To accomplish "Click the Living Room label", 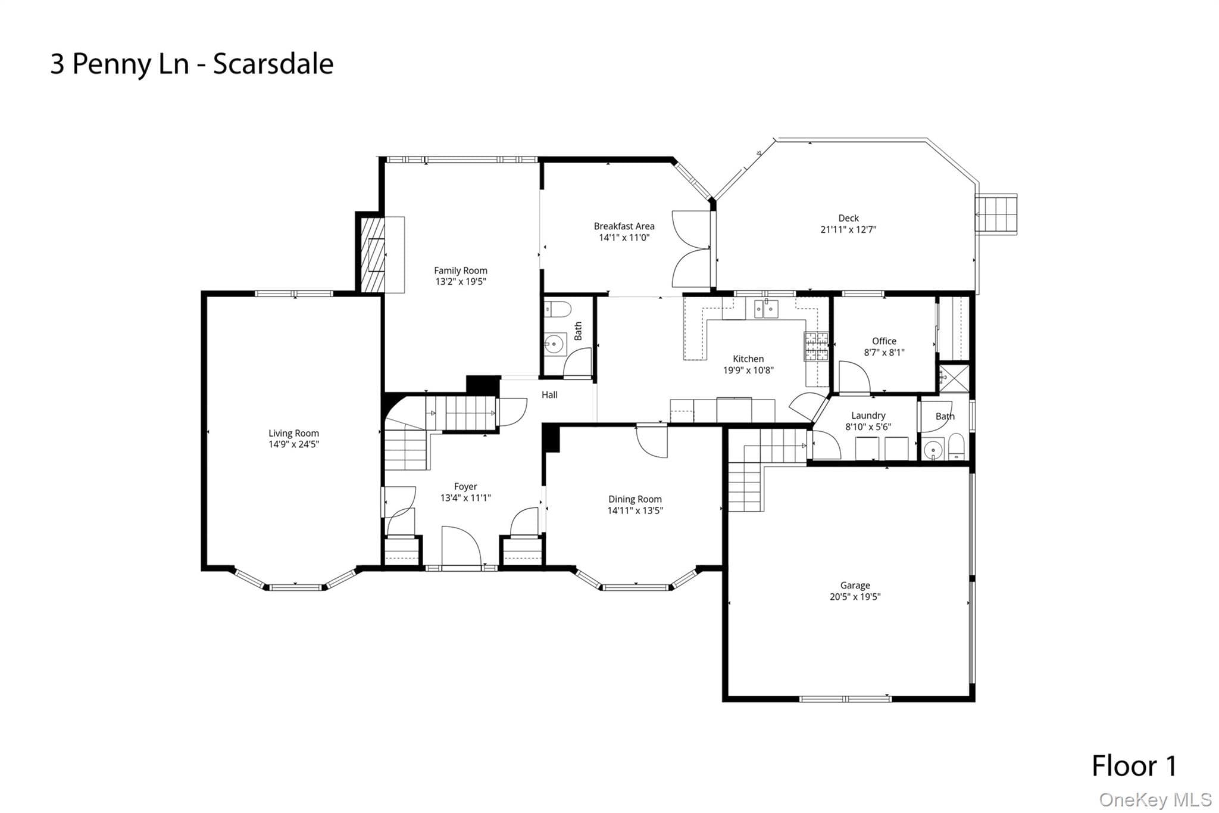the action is [293, 433].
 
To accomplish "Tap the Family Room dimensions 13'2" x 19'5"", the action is [461, 282].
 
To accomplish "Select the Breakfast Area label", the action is [624, 226].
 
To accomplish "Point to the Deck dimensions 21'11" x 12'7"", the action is [848, 229].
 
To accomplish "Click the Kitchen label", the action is [748, 359].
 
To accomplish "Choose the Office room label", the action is [884, 341].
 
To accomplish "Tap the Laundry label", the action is [868, 416].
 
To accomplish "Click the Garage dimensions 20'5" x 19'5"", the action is [855, 597].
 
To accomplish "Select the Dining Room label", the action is [634, 499].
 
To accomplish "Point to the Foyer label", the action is [465, 487].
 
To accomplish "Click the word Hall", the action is [549, 395].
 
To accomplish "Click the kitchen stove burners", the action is [816, 347].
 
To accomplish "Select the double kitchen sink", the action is [766, 309].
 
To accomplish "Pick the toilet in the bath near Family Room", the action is [558, 310].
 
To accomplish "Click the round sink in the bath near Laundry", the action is [933, 450].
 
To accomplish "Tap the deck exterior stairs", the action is [996, 214].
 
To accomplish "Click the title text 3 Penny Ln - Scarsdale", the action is [192, 64].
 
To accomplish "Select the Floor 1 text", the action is [1134, 766].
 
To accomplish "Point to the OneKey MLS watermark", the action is [1155, 799].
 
